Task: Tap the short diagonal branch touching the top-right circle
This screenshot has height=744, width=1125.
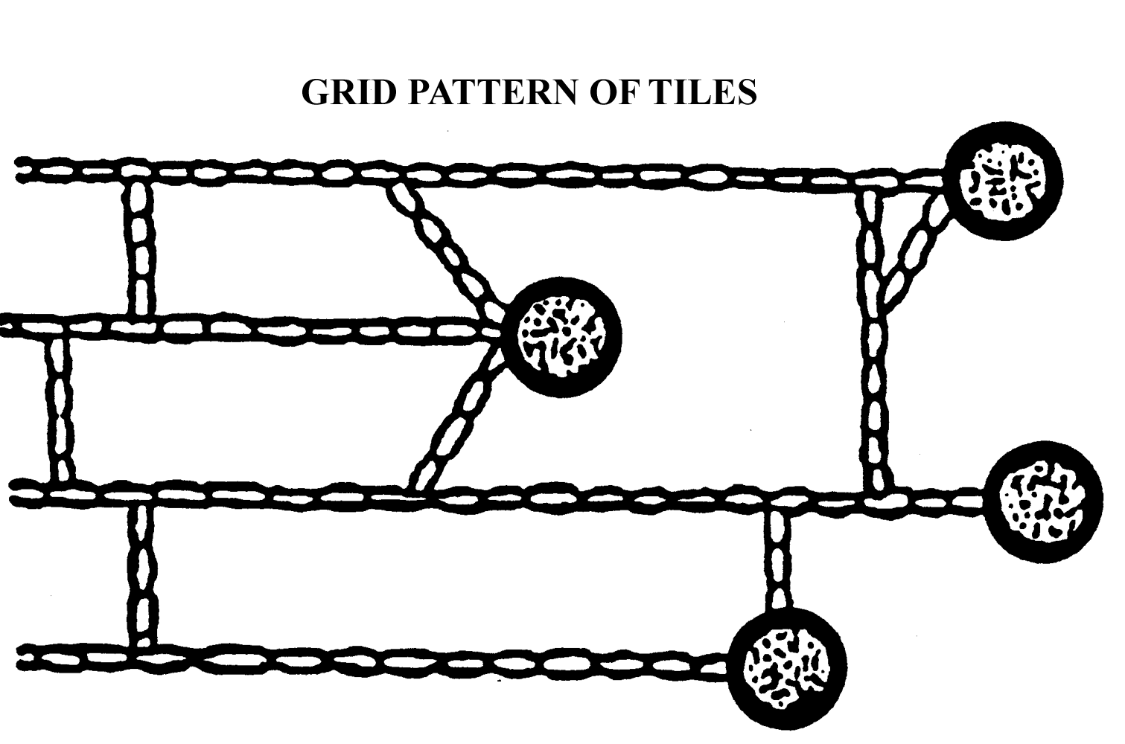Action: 917,250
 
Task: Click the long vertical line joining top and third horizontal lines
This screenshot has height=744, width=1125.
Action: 876,387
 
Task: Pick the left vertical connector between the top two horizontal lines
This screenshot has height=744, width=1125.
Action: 139,249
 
